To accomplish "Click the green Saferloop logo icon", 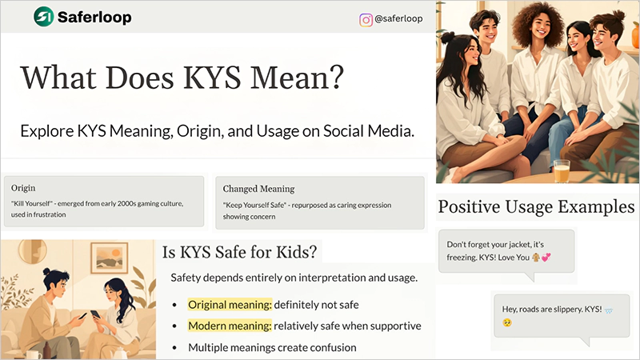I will [x=43, y=16].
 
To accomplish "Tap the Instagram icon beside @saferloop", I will [x=366, y=20].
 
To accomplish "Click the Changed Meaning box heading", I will [x=259, y=189].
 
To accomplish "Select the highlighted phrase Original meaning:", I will [x=229, y=304].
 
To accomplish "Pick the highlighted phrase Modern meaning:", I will [x=229, y=326].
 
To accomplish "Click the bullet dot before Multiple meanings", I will [x=175, y=348].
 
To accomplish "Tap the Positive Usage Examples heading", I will [x=536, y=207].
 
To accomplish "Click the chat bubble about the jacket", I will [x=506, y=251].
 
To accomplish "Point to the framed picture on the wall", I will [x=109, y=258].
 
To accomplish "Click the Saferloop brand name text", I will [x=94, y=17].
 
